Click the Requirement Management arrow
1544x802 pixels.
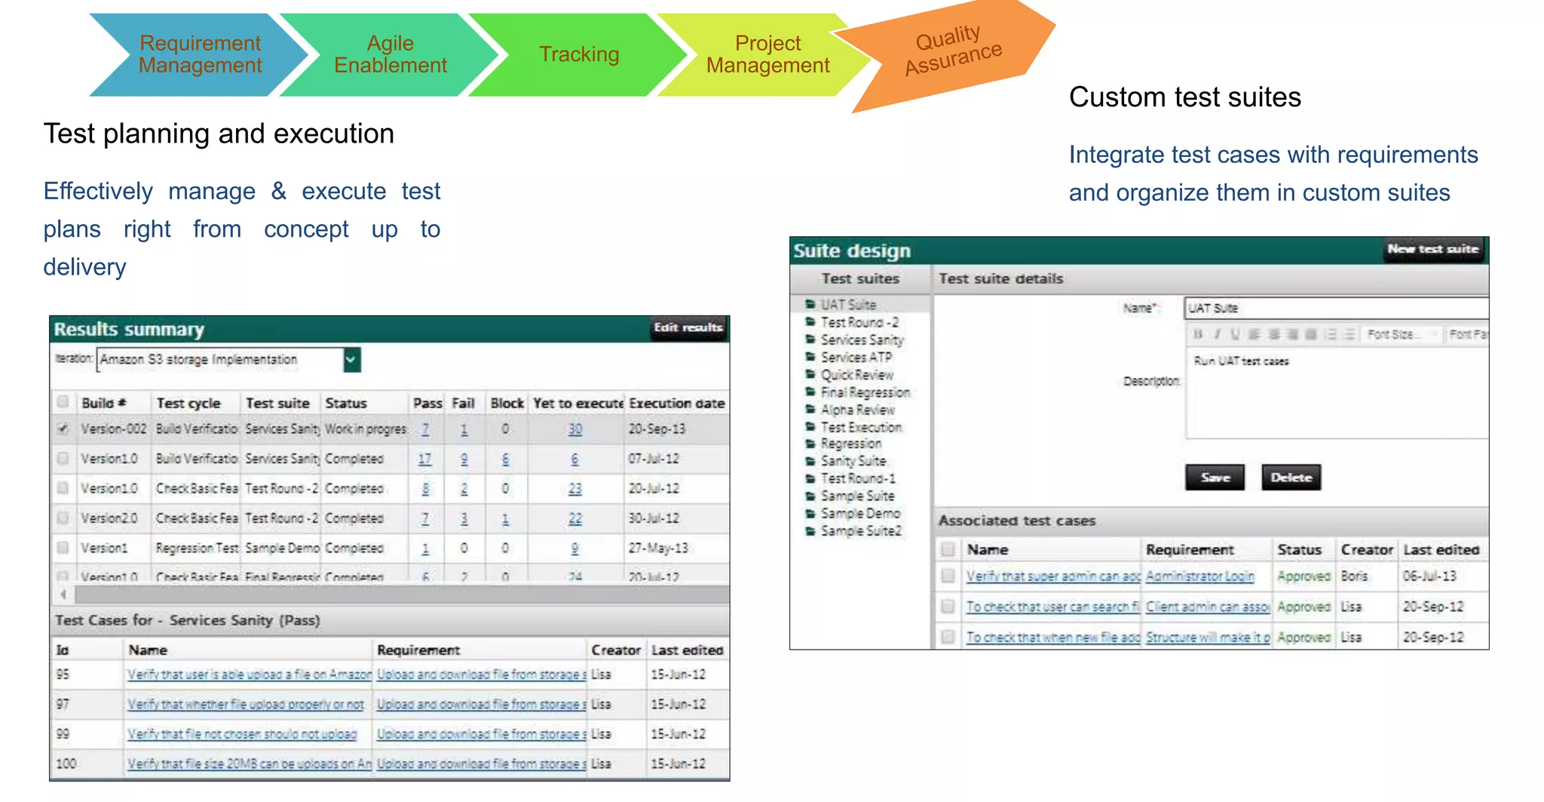[x=200, y=54]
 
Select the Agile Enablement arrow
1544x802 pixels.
[x=390, y=54]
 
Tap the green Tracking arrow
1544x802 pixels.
[x=579, y=54]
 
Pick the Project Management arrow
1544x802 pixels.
[x=767, y=54]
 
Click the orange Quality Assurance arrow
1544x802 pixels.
[x=953, y=51]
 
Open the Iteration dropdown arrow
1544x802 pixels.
[x=351, y=360]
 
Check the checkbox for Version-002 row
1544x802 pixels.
[x=63, y=429]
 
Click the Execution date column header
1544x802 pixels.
[x=676, y=403]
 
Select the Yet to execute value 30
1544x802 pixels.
[x=575, y=429]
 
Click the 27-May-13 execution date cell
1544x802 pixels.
[x=658, y=548]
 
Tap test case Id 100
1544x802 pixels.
[x=66, y=764]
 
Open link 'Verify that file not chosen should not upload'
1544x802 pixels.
[x=242, y=734]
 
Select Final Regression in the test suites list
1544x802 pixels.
[x=865, y=392]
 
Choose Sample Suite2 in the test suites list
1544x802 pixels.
[x=860, y=531]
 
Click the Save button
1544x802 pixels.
[x=1215, y=478]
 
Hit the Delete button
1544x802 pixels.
[x=1291, y=478]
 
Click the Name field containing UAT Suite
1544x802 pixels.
[x=1334, y=308]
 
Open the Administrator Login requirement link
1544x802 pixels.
[x=1199, y=576]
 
